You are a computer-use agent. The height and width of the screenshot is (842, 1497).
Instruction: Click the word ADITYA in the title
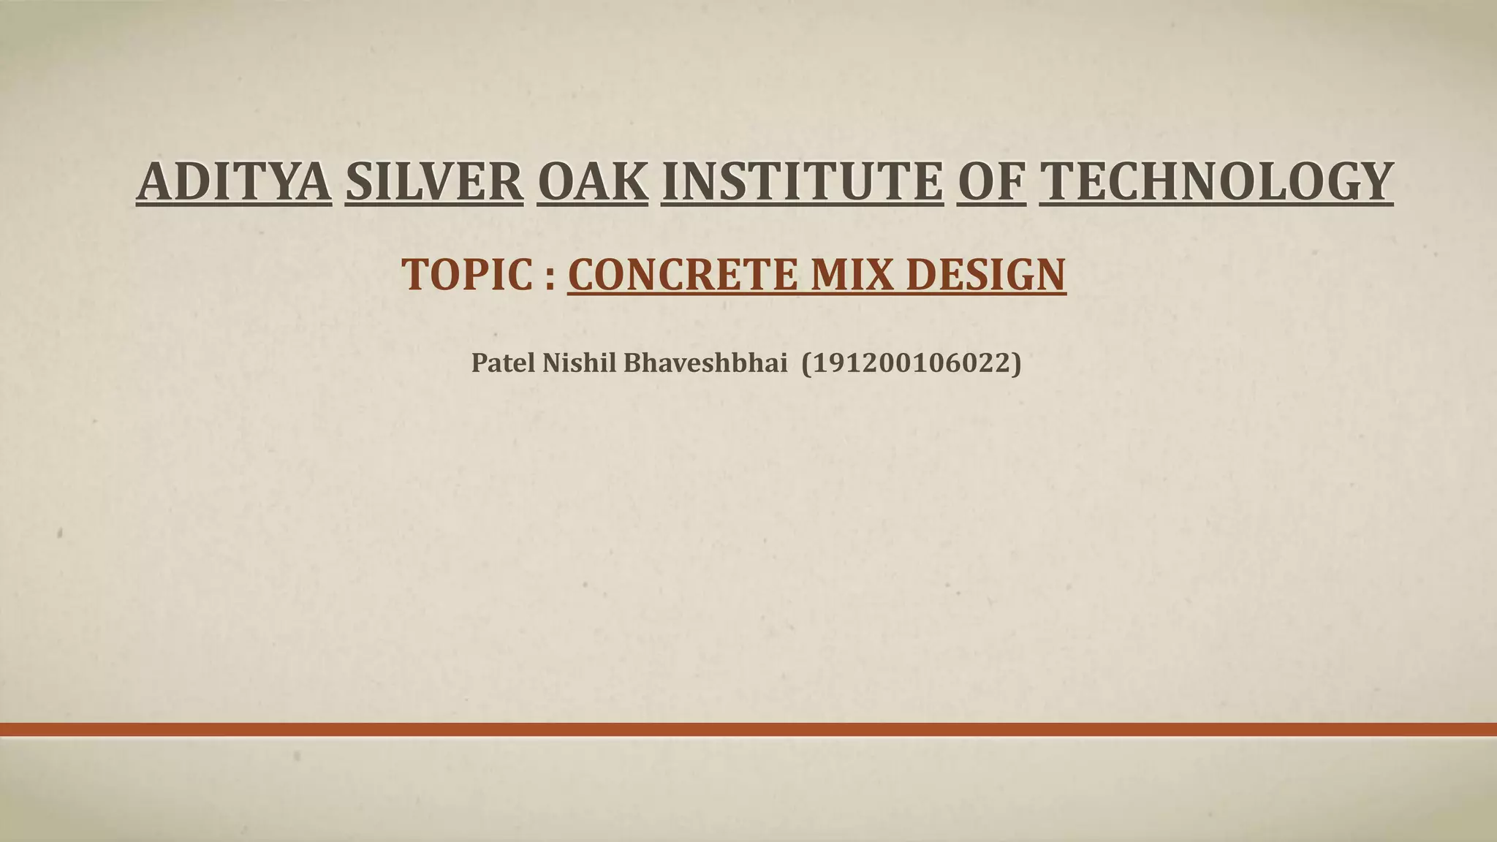pyautogui.click(x=234, y=181)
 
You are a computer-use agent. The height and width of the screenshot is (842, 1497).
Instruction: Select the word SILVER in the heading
pyautogui.click(x=433, y=181)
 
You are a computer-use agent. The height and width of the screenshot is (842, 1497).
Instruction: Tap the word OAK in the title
pyautogui.click(x=592, y=181)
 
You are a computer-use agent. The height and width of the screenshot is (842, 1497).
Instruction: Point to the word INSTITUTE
pyautogui.click(x=802, y=181)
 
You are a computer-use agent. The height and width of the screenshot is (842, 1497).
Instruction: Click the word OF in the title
pyautogui.click(x=990, y=181)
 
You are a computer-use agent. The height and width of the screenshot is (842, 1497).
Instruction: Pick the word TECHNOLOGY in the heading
pyautogui.click(x=1216, y=181)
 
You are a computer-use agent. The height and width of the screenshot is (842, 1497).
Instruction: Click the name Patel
pyautogui.click(x=504, y=363)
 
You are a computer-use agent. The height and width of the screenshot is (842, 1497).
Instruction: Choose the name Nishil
pyautogui.click(x=580, y=363)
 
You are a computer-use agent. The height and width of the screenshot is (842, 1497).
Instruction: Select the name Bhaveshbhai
pyautogui.click(x=705, y=363)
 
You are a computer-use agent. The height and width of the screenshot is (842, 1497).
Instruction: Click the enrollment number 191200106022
pyautogui.click(x=911, y=363)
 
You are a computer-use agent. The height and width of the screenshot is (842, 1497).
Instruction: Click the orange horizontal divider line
pyautogui.click(x=748, y=729)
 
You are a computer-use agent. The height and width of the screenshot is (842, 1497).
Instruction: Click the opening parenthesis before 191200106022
pyautogui.click(x=807, y=363)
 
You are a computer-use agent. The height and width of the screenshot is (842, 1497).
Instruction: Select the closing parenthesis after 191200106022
pyautogui.click(x=1016, y=363)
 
